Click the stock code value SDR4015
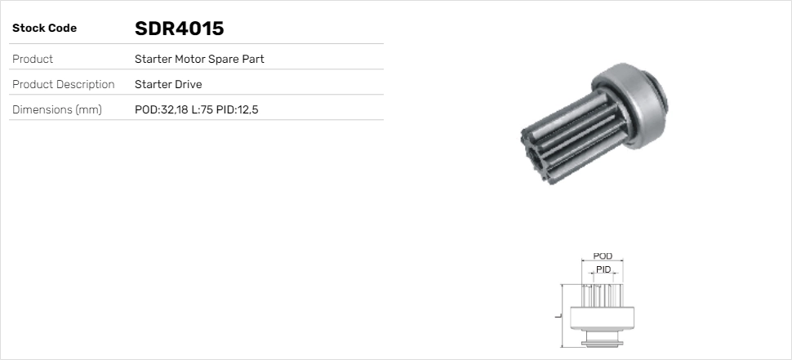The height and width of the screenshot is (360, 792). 179,29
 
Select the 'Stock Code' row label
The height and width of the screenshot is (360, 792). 44,29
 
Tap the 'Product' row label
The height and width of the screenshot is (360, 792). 33,59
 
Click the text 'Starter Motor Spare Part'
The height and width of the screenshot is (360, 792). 199,59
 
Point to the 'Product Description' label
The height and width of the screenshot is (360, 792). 63,84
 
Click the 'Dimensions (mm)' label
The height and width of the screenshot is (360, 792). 56,109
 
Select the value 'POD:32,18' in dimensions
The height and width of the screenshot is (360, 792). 161,109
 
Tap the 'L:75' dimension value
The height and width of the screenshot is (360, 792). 201,109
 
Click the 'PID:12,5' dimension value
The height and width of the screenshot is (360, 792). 238,109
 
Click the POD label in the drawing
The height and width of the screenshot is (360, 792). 603,256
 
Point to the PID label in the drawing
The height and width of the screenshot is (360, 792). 603,269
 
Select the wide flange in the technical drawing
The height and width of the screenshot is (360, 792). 603,320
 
